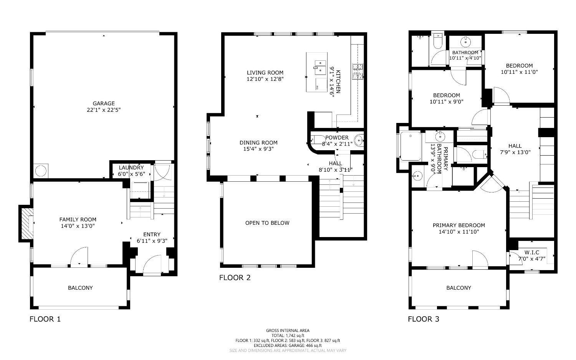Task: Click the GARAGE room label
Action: click(104, 103)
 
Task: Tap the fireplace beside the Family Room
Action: click(27, 223)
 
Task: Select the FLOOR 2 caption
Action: click(235, 278)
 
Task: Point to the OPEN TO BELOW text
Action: click(267, 223)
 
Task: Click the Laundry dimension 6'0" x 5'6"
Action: click(131, 174)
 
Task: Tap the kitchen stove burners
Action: click(358, 71)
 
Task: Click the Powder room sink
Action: click(359, 141)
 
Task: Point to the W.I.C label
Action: click(532, 252)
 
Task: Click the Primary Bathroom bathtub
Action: click(410, 146)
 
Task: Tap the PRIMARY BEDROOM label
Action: click(459, 226)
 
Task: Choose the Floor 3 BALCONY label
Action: click(459, 288)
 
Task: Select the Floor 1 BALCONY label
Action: click(80, 288)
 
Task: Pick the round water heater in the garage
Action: click(41, 171)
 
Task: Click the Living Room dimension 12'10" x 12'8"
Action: click(265, 79)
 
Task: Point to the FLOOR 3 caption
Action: click(424, 319)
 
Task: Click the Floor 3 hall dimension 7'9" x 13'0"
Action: click(515, 152)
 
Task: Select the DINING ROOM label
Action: click(258, 143)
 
